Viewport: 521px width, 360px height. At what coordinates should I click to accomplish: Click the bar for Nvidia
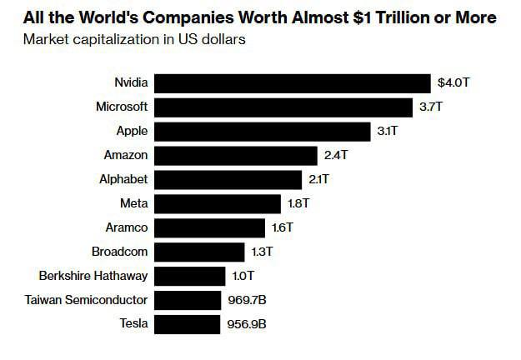pos(293,83)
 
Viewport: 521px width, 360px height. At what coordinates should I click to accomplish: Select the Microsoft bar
pos(284,107)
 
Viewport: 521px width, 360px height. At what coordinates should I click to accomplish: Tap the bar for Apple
pos(263,132)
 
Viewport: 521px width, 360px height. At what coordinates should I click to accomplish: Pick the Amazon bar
pos(237,156)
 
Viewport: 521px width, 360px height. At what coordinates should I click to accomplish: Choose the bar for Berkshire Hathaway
pos(190,276)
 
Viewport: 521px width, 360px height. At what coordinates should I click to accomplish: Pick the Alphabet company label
pos(123,180)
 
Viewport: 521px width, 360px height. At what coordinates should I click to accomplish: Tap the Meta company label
pos(134,203)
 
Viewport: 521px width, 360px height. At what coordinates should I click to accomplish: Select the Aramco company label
pos(128,227)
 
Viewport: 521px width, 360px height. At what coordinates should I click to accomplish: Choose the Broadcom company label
pos(119,252)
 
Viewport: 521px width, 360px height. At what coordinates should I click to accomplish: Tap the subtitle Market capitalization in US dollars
pos(134,39)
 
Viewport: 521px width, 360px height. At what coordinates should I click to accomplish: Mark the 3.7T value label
pos(430,107)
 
